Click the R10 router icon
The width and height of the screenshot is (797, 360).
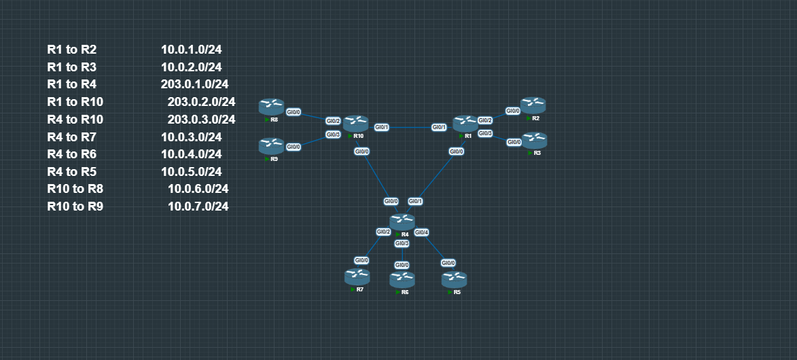click(355, 124)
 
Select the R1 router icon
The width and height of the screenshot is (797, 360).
click(465, 123)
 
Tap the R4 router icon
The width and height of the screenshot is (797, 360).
click(402, 221)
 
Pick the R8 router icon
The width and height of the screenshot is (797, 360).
click(271, 107)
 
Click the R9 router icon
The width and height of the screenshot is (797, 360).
click(271, 145)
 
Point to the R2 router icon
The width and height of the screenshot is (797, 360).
click(533, 105)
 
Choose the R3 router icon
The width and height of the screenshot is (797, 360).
click(535, 140)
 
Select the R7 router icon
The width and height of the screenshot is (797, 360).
click(357, 276)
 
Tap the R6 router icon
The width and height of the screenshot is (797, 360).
click(402, 279)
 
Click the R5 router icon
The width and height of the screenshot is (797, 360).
click(454, 279)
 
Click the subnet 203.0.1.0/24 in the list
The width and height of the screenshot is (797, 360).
click(194, 84)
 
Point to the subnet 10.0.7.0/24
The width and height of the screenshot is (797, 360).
click(198, 206)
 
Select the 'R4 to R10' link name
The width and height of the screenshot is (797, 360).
click(75, 120)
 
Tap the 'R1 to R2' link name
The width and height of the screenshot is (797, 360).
click(72, 50)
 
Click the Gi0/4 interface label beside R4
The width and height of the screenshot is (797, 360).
click(421, 232)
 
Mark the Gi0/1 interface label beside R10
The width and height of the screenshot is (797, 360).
click(381, 127)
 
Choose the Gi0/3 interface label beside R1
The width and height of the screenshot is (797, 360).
click(485, 133)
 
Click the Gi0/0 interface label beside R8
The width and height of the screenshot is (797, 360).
click(294, 112)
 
